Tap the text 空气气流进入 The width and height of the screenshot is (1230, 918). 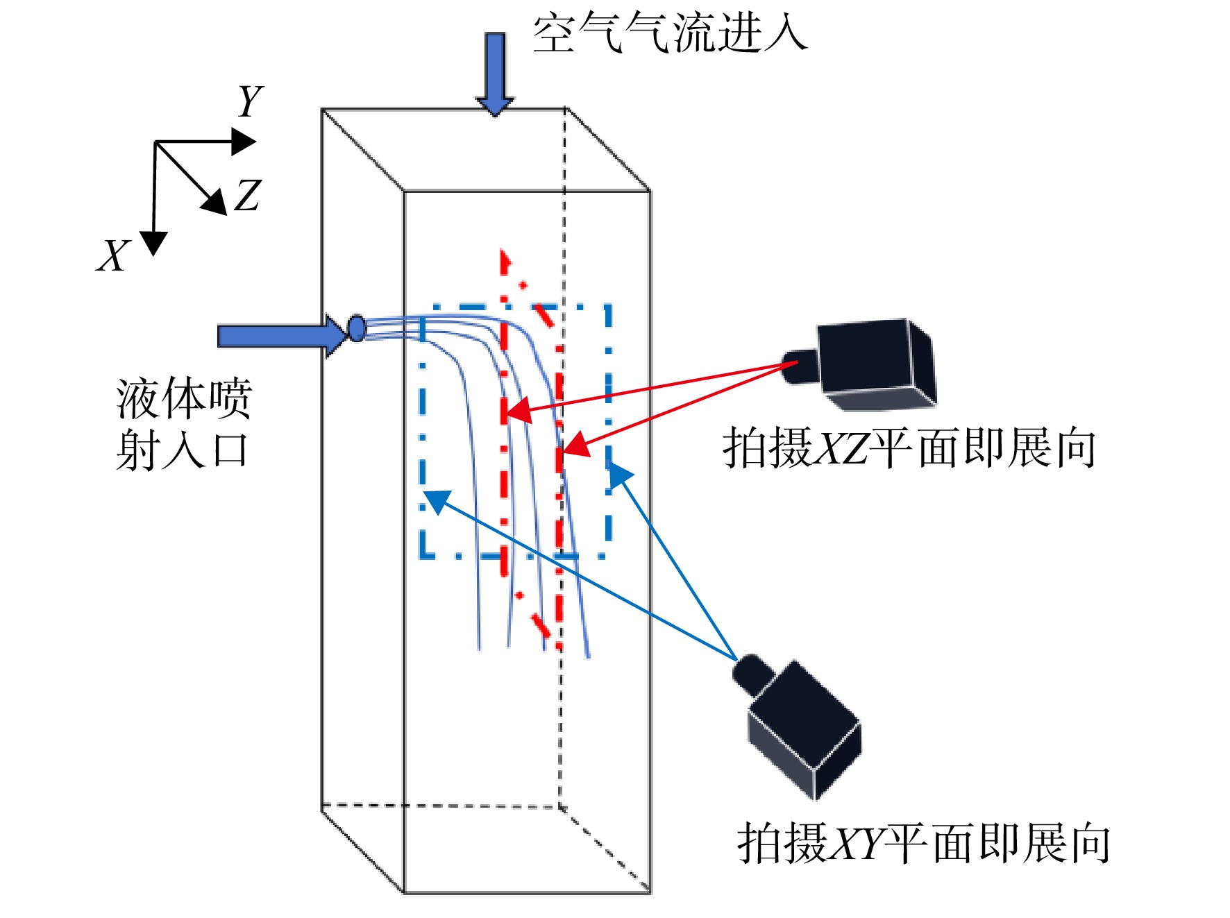coord(670,33)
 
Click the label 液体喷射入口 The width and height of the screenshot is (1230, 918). coord(183,424)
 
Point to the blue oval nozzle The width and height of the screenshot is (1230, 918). coord(357,328)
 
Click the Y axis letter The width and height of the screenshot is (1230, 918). coord(250,101)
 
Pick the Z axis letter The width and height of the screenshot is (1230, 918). coord(248,195)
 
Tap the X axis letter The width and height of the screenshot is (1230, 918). coord(113,255)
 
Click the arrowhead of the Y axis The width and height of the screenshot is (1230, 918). coord(244,142)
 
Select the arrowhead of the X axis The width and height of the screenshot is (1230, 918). coord(153,243)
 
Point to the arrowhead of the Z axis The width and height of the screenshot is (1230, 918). coord(216,202)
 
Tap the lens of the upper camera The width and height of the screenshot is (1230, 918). coord(800,366)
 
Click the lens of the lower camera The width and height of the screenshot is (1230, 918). coord(754,673)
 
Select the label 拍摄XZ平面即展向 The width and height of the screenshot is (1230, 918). coord(909,448)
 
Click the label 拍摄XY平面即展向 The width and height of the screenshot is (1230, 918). coord(923,843)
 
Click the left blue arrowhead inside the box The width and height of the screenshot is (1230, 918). coord(437,501)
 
